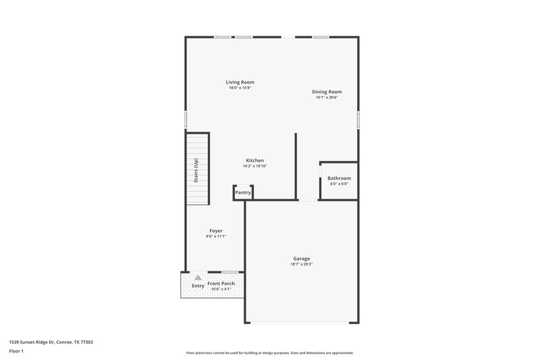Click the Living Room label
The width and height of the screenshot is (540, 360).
[x=240, y=82]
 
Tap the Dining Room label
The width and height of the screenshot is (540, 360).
[x=327, y=92]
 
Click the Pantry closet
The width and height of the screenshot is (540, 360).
[x=243, y=192]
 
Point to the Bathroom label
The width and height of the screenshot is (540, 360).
[x=340, y=178]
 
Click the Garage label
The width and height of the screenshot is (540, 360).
[x=301, y=259]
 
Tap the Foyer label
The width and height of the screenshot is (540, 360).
[x=216, y=231]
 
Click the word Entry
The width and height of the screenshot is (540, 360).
[x=198, y=286]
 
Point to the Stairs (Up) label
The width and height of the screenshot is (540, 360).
[x=196, y=170]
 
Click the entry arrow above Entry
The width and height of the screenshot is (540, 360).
[x=198, y=277]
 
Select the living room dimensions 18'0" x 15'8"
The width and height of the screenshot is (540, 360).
[x=240, y=88]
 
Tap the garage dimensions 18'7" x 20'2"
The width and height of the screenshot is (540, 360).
[x=301, y=264]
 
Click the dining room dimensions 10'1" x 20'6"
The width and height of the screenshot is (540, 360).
[x=327, y=97]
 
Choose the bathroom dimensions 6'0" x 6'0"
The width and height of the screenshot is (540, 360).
[x=340, y=184]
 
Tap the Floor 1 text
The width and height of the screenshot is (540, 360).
[x=16, y=352]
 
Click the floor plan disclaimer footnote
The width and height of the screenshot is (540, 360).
[x=270, y=353]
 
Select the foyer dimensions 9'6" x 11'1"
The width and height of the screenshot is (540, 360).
[x=216, y=236]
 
